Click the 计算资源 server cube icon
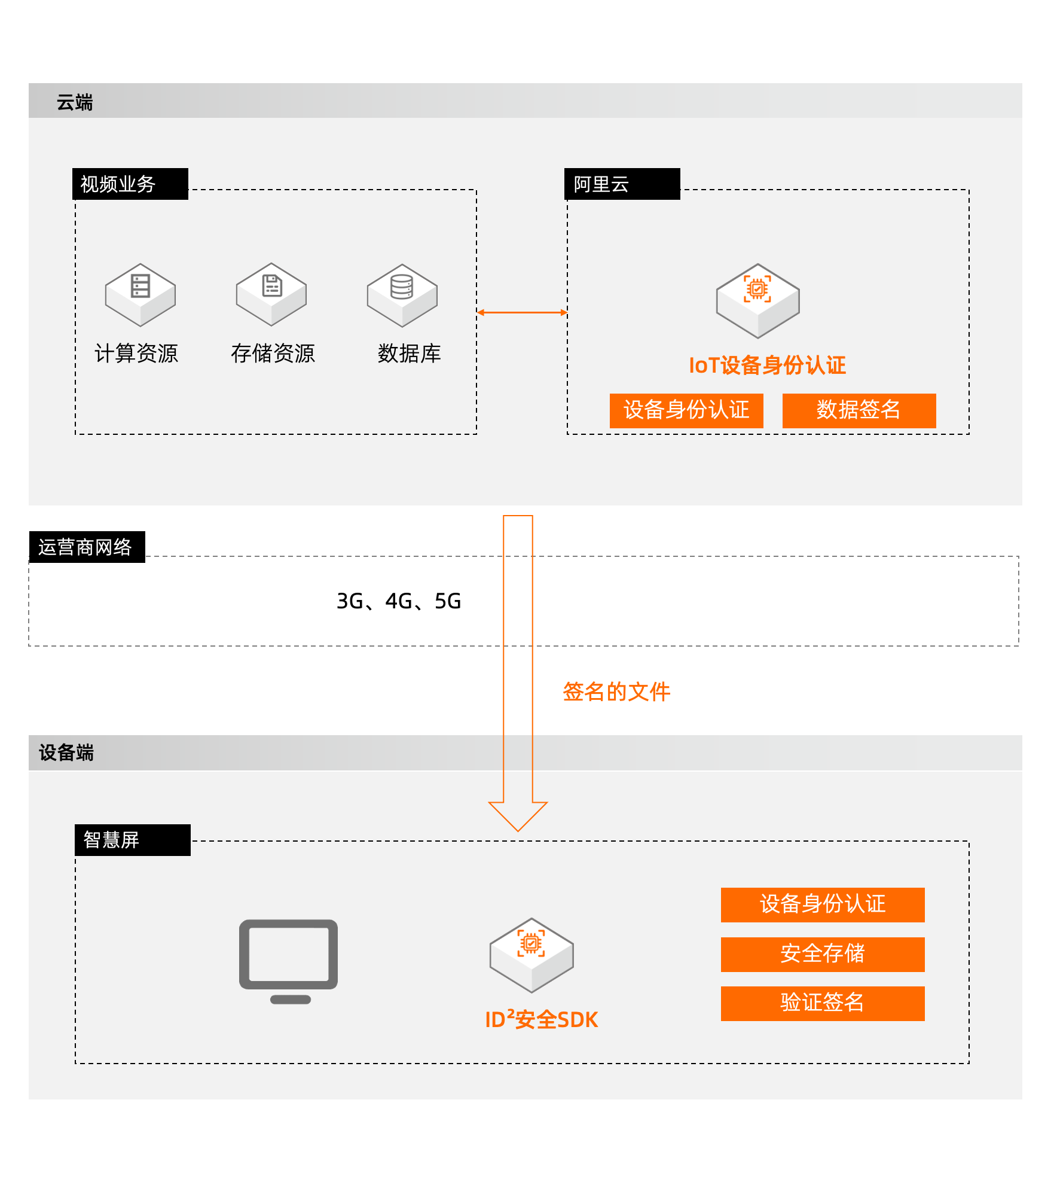pos(140,294)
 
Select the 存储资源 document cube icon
pos(271,294)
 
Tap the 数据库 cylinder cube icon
pos(402,295)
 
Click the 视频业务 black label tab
pos(130,184)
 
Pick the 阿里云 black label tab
pos(622,184)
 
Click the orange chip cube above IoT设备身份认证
pos(757,300)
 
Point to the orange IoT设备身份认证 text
pos(767,365)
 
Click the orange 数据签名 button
pos(859,410)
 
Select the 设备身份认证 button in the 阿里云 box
pos(686,410)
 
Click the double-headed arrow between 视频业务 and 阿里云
pos(522,312)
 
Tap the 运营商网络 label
pos(85,547)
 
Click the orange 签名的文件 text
pos(616,691)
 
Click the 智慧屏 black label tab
pos(132,840)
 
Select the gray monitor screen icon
pos(289,961)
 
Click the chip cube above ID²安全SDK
pos(531,955)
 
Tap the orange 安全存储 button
pos(822,954)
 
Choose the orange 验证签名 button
pos(822,1003)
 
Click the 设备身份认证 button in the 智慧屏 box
pos(822,904)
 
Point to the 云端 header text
pos(75,102)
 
